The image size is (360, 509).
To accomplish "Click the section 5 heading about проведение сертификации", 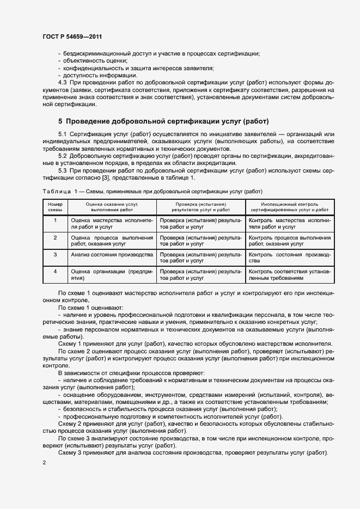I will click(163, 120).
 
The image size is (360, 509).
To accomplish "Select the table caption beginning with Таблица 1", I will click(152, 191).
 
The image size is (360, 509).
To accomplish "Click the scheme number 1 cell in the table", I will click(55, 220).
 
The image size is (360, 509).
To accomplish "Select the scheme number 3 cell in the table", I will click(55, 254).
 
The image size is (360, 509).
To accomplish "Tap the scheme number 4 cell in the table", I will click(55, 271).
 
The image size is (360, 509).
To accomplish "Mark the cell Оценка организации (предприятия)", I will click(112, 274).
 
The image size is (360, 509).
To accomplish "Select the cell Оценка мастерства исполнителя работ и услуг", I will click(112, 223).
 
